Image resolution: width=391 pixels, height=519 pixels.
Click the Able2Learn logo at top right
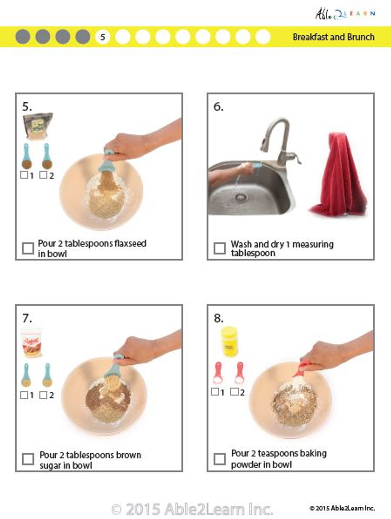point(345,14)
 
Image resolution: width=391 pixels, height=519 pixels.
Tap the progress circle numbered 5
point(103,37)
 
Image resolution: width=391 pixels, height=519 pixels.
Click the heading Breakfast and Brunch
point(333,37)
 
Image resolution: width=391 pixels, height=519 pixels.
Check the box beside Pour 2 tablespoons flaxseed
point(28,248)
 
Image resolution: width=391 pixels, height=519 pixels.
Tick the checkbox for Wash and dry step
point(219,248)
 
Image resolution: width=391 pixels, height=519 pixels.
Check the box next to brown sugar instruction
point(28,459)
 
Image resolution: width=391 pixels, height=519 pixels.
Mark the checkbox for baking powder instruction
point(219,459)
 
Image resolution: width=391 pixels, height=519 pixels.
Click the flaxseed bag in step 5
point(38,126)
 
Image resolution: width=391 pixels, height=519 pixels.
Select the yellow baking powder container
point(229,341)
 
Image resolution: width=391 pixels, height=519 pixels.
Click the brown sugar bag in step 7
point(32,342)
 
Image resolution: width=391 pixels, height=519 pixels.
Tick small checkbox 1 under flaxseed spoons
point(24,175)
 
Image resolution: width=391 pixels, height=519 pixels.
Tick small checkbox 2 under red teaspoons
point(234,392)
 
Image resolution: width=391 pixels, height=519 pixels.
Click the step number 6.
point(218,107)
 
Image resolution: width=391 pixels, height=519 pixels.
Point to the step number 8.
point(219,318)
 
